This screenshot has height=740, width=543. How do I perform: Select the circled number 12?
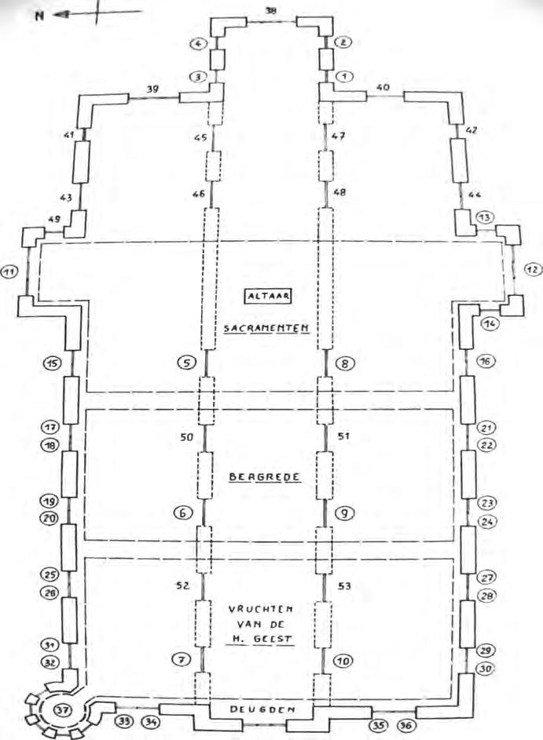(533, 269)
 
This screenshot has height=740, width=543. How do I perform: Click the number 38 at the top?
(271, 11)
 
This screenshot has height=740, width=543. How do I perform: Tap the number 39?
(153, 90)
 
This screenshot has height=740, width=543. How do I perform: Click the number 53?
(344, 585)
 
